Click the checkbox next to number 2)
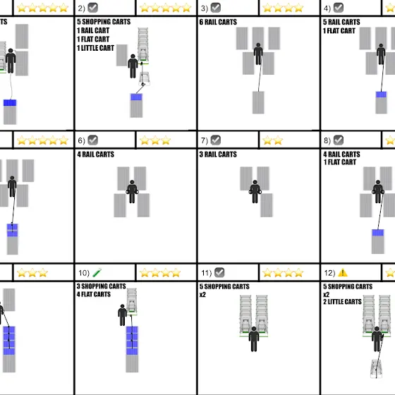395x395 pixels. [92, 8]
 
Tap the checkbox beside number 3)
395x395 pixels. [216, 8]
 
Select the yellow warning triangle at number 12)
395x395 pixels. [343, 272]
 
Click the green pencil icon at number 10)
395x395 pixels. [97, 273]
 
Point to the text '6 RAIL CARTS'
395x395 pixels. [218, 22]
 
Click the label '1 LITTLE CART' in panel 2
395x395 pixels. [95, 48]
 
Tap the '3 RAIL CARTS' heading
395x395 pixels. [218, 154]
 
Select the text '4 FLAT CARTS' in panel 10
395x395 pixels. [93, 294]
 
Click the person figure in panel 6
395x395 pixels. [132, 191]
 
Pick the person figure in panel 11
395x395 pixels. [254, 339]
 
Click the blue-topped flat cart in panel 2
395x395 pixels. [136, 105]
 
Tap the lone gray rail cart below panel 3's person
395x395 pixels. [258, 102]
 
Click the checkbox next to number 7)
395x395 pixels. [216, 140]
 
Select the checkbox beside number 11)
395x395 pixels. [219, 272]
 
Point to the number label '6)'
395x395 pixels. [81, 140]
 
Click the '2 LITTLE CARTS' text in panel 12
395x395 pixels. [342, 302]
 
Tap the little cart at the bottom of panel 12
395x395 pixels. [376, 369]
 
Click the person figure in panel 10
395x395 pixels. [123, 315]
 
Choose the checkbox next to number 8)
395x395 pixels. [339, 140]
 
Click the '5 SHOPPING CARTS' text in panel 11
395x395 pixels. [224, 286]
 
